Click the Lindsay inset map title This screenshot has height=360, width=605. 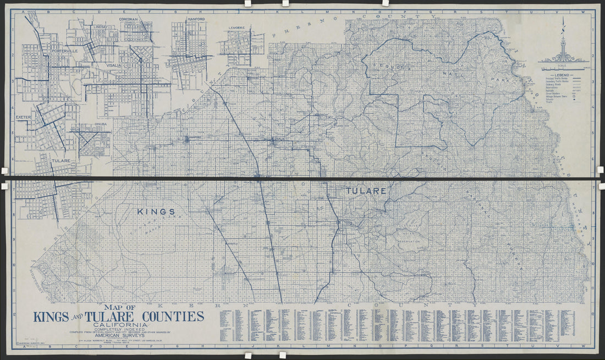[x=101, y=26]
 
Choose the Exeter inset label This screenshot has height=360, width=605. [x=24, y=117]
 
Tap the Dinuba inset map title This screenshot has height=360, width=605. [x=99, y=124]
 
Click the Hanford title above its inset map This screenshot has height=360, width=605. [x=196, y=19]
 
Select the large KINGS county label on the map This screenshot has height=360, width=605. [x=156, y=211]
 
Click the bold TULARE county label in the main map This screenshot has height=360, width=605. [x=366, y=191]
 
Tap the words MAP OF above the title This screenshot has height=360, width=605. [x=119, y=307]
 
